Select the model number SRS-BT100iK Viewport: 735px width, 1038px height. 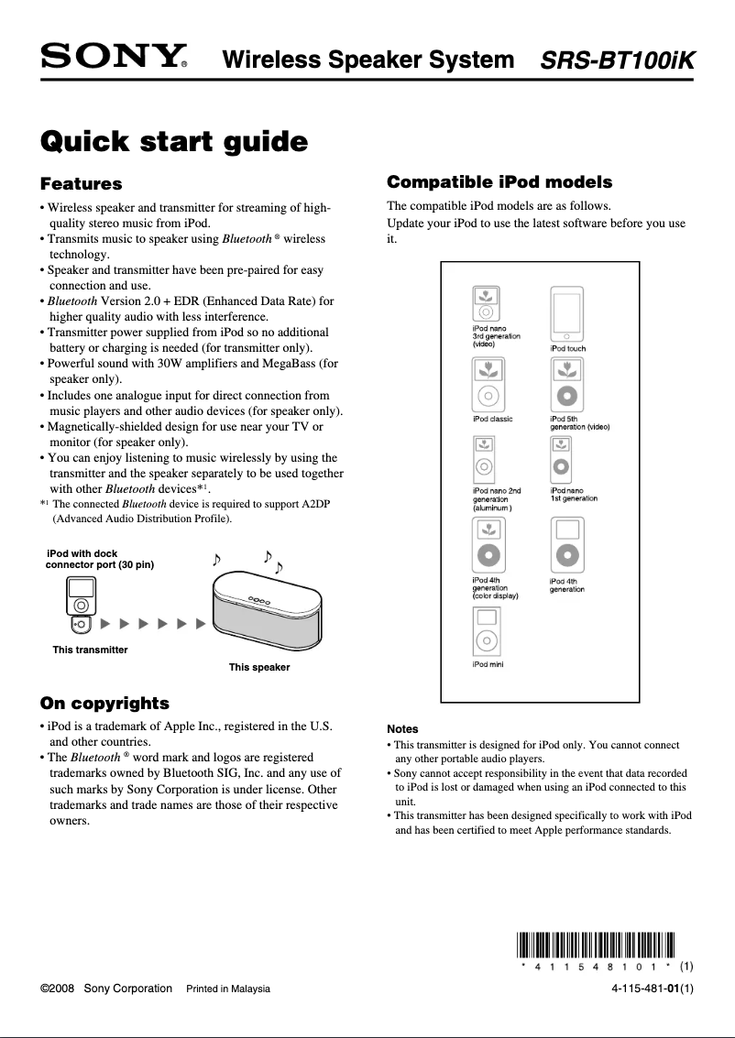tap(618, 61)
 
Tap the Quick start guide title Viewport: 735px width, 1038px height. tap(174, 143)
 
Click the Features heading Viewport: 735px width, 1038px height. tap(82, 184)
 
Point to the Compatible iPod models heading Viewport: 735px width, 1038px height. tap(499, 181)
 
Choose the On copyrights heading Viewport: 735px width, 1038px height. tap(104, 704)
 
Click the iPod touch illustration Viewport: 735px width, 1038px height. tap(566, 313)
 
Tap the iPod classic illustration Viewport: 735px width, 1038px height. tap(488, 385)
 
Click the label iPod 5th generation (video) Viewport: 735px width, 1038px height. tap(579, 423)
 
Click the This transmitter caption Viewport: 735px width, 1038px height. tap(90, 650)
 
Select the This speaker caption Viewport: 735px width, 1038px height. tap(259, 667)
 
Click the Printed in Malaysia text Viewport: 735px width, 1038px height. tap(228, 989)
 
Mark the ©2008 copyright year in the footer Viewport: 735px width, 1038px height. tap(58, 989)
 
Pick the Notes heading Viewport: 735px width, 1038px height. tap(402, 729)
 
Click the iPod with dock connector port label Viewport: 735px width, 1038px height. tap(100, 560)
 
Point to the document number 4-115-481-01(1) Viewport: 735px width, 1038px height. tap(653, 989)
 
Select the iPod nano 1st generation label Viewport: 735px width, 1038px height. tap(574, 495)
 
